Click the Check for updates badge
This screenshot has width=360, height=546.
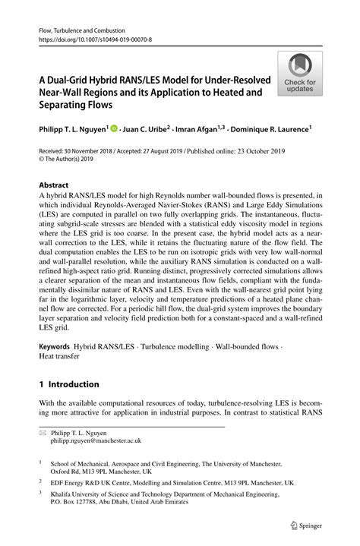click(x=300, y=74)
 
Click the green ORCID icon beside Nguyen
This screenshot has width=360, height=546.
click(x=115, y=128)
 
